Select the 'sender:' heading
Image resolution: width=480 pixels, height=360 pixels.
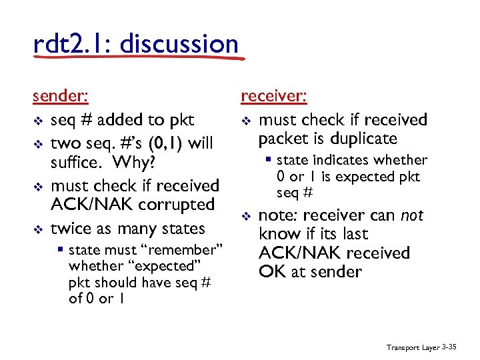pyautogui.click(x=60, y=96)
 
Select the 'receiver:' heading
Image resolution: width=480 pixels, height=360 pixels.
pyautogui.click(x=273, y=96)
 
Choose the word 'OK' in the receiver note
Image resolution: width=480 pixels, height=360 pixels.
pyautogui.click(x=271, y=271)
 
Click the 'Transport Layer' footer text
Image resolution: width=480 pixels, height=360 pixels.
pyautogui.click(x=413, y=347)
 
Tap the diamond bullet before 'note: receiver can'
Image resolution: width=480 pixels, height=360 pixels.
pyautogui.click(x=245, y=216)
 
